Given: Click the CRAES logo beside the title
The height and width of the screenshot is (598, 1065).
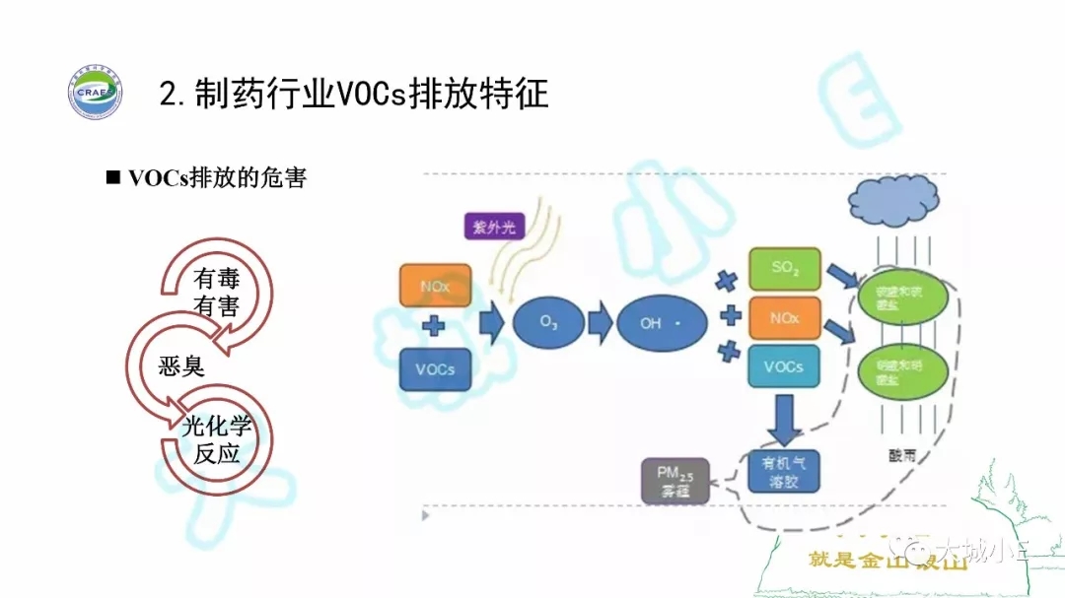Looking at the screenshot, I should tap(95, 93).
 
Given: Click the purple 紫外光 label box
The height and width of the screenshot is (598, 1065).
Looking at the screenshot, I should tap(493, 227).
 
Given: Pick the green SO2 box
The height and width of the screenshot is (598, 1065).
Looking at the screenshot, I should tap(784, 268).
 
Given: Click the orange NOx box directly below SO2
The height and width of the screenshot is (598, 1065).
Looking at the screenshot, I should tap(784, 318).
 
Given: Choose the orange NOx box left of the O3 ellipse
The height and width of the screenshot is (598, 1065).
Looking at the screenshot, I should tap(435, 286).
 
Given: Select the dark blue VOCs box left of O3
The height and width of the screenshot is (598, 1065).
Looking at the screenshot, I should tap(435, 369).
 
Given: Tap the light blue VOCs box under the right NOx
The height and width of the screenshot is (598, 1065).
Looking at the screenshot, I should tap(784, 366).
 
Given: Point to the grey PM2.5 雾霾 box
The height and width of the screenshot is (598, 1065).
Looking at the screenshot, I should tap(675, 481).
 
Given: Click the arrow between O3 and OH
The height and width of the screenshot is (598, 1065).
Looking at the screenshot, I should tap(599, 322).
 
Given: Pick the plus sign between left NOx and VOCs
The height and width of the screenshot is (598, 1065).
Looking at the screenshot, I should tap(434, 327).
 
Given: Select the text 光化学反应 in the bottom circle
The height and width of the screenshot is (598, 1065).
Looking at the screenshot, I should tap(217, 439).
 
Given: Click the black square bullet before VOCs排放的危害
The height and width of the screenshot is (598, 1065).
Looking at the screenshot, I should tap(112, 178).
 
